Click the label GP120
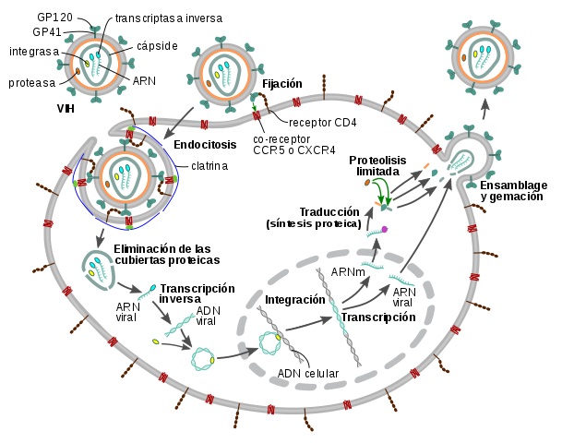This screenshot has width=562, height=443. [x=54, y=17]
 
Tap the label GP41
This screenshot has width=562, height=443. [x=46, y=32]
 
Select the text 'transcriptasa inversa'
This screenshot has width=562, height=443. [x=169, y=18]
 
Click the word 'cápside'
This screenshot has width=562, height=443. [x=157, y=46]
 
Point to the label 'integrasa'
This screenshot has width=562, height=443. [x=34, y=52]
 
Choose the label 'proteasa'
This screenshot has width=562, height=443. [x=32, y=83]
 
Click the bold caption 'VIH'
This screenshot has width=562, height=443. [x=66, y=108]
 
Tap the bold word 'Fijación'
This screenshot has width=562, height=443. [x=282, y=83]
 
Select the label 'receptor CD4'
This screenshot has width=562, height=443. [x=323, y=123]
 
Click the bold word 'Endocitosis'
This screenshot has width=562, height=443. [x=205, y=145]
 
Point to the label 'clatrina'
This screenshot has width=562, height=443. [x=209, y=166]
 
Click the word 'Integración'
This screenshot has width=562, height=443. [x=294, y=300]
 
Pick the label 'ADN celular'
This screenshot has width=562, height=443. [x=308, y=374]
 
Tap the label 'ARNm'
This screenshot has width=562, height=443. [x=348, y=272]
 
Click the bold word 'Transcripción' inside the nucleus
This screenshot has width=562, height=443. [x=378, y=317]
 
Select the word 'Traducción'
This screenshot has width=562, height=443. [x=329, y=212]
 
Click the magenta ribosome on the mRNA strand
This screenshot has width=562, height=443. [x=385, y=229]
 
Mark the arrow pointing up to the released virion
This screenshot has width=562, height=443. [x=484, y=109]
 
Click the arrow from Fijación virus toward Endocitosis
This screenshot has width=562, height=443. [x=178, y=123]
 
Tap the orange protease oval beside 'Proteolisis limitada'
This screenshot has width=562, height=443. [x=367, y=183]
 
